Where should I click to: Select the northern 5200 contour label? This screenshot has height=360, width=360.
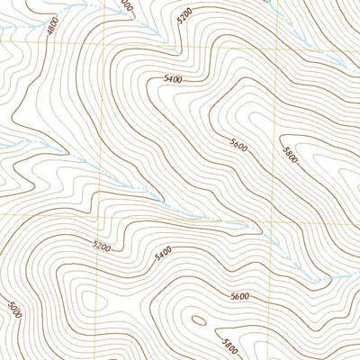tap(185, 17)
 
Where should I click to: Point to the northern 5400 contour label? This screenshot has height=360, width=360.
tap(173, 80)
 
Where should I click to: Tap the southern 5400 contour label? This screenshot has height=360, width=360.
tap(163, 256)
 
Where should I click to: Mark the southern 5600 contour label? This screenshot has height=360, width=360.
tap(239, 295)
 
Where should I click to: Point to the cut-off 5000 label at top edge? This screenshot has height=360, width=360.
tap(125, 4)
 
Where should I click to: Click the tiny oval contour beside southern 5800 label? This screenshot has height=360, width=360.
tap(197, 319)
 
